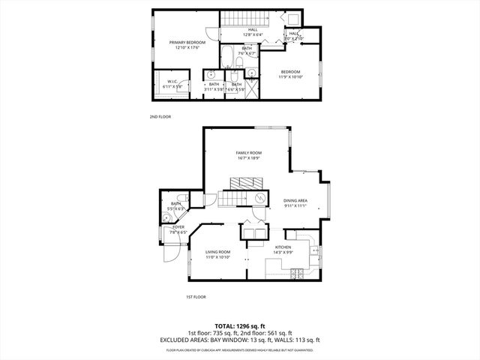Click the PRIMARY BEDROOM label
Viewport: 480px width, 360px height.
pos(187,45)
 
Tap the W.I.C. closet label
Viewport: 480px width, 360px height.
pos(172,85)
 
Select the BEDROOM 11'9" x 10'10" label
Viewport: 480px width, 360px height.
pos(290,74)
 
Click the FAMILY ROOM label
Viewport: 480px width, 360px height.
pos(248,155)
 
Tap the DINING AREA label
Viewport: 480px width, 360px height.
pos(295,202)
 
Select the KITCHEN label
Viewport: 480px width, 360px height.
pos(283,249)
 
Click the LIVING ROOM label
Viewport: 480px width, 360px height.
pos(218,254)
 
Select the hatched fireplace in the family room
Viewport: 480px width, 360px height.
pos(246,182)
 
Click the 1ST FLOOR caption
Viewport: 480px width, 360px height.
pos(196,297)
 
